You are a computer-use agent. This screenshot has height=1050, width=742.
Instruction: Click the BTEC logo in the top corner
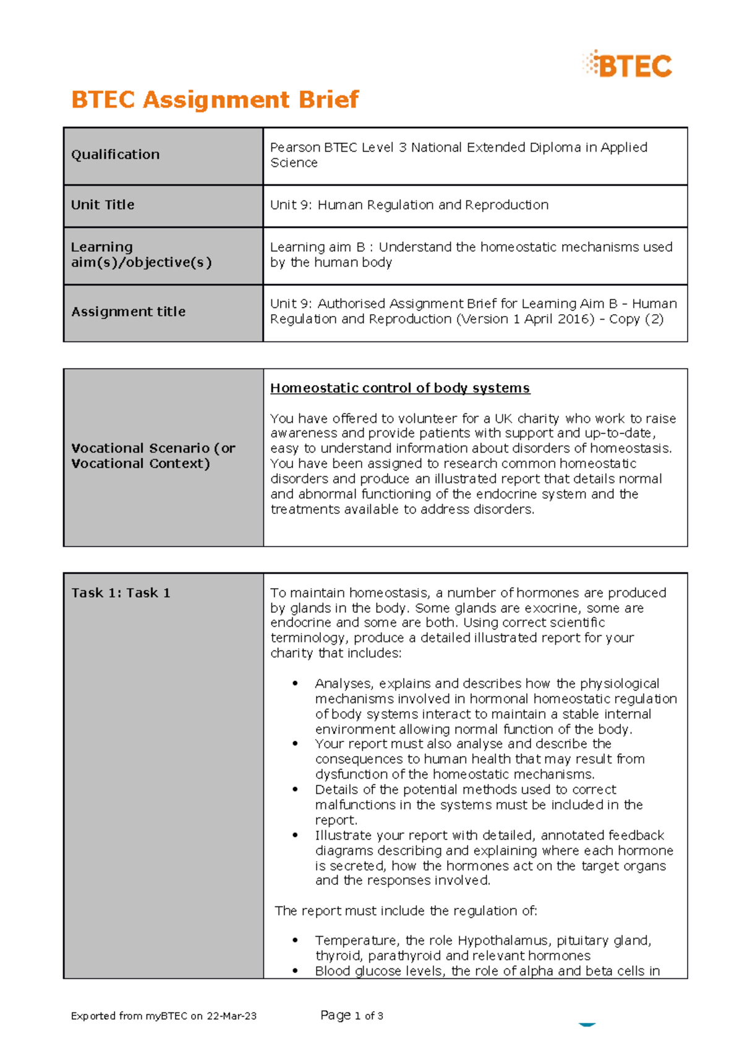tap(628, 65)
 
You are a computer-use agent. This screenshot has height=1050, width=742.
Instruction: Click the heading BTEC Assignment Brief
tap(215, 100)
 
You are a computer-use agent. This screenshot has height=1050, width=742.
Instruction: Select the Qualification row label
tap(115, 155)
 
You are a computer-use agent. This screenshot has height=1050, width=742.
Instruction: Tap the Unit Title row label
tap(103, 205)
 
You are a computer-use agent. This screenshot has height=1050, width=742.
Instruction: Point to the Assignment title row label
tap(128, 312)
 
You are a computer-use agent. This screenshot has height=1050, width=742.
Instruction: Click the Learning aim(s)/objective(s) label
tap(141, 255)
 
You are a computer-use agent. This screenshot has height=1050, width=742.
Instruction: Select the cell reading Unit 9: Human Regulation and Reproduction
tap(409, 205)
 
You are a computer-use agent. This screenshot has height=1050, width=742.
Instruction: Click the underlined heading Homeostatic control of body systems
tap(399, 388)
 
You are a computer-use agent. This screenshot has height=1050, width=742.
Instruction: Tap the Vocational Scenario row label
tap(153, 456)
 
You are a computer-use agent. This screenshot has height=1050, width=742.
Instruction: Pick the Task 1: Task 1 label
tap(121, 593)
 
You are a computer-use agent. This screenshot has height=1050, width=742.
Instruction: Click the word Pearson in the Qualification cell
tap(295, 147)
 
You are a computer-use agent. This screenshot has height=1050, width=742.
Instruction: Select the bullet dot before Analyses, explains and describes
tap(296, 684)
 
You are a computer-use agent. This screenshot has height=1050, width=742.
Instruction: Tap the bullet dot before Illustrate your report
tap(296, 835)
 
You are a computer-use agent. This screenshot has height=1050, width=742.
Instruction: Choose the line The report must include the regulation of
tap(406, 911)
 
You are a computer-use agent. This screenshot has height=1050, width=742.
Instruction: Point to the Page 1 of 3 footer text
tap(352, 1015)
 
